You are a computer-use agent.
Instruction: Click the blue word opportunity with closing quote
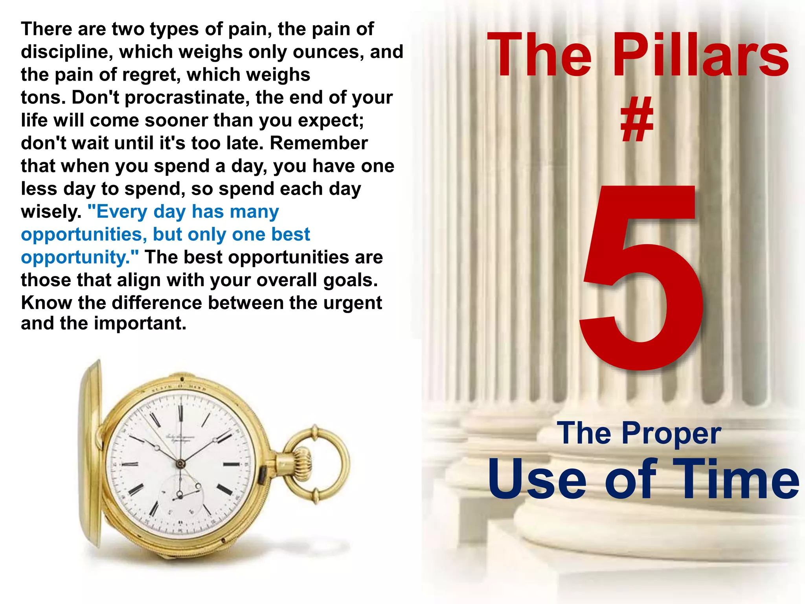[x=80, y=258]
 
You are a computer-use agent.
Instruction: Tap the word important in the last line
[x=140, y=324]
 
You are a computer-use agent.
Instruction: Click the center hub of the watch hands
[x=180, y=464]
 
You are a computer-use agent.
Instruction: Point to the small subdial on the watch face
[x=181, y=494]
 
